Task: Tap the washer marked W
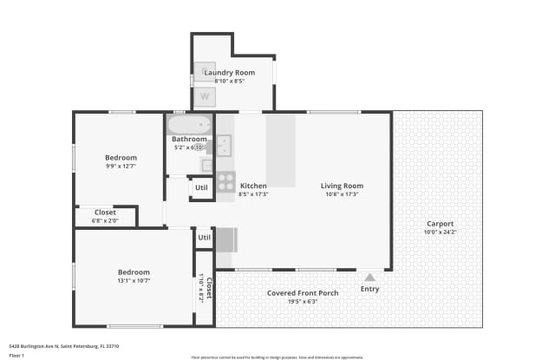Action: coord(206,95)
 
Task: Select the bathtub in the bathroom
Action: coord(189,124)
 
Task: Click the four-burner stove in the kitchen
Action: coord(225,182)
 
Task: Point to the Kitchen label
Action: coord(253,186)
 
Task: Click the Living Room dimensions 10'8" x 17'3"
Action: coord(342,194)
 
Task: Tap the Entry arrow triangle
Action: coord(369,277)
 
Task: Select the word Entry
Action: coord(369,289)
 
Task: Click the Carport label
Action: coord(440,223)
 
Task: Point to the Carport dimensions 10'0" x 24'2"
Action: coord(440,232)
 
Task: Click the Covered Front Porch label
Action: coord(303,293)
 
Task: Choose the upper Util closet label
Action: coord(201,187)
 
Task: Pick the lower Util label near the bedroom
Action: coord(205,237)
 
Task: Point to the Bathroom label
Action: coord(189,139)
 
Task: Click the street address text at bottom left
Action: coord(63,346)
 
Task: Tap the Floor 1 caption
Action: coord(16,355)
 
